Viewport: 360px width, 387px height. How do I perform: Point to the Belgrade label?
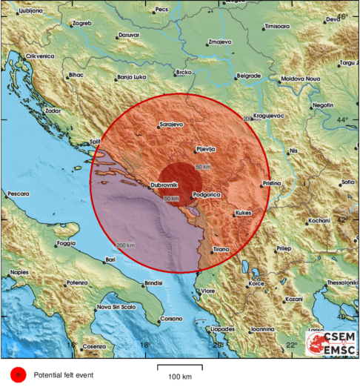click(248, 76)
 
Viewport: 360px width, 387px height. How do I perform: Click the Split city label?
click(95, 141)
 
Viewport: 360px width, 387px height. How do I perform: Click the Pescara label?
click(18, 193)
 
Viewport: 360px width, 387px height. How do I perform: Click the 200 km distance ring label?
click(126, 245)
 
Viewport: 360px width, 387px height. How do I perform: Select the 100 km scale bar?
click(180, 368)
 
